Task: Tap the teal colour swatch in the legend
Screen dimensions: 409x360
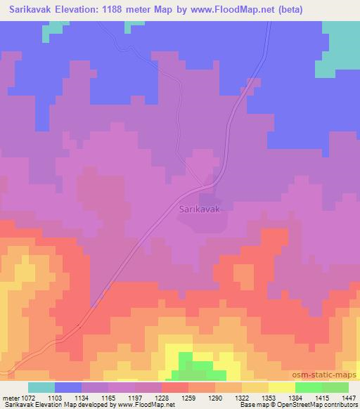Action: pos(41,388)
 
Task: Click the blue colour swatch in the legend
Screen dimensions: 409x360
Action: pos(68,388)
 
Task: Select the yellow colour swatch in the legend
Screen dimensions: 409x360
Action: pos(282,388)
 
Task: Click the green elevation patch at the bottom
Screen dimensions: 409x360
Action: pos(193,366)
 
